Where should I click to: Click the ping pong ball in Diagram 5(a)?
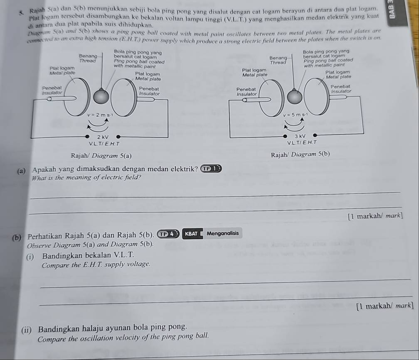pyautogui.click(x=102, y=96)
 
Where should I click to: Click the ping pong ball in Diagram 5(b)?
pyautogui.click(x=294, y=97)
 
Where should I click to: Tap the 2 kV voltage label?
pyautogui.click(x=102, y=137)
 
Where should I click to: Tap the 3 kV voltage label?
pyautogui.click(x=300, y=136)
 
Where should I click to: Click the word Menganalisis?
pyautogui.click(x=222, y=233)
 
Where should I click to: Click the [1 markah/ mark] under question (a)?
pyautogui.click(x=376, y=216)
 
